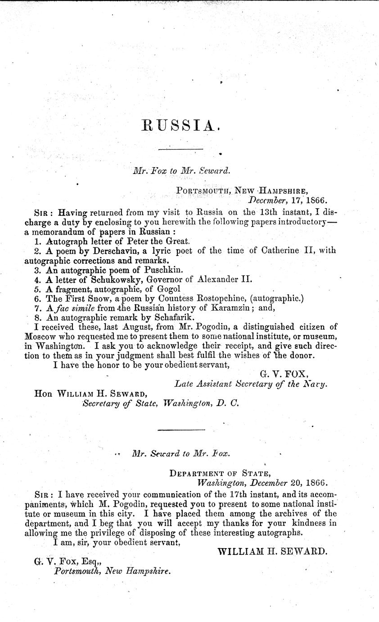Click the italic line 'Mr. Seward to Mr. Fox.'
(x=181, y=454)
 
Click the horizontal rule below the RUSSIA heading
(x=180, y=149)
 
